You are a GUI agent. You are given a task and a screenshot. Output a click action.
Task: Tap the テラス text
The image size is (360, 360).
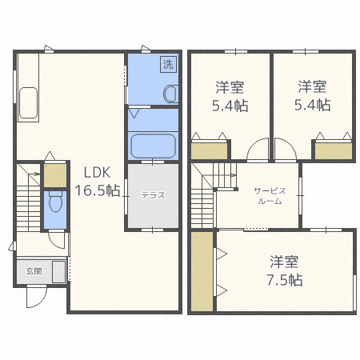tap(154, 194)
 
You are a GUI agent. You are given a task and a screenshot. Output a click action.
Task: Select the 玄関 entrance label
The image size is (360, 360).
tap(34, 270)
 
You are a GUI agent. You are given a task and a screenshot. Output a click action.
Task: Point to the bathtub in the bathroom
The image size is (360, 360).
tap(153, 146)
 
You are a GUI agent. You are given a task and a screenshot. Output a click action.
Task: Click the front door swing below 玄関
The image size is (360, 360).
tap(36, 297)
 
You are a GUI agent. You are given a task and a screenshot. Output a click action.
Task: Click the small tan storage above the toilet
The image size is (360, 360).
tap(54, 174)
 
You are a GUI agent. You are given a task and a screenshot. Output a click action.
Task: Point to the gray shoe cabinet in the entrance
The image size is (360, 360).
tap(58, 271)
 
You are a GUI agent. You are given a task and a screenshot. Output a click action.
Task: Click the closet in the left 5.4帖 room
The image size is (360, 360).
tap(210, 150)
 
